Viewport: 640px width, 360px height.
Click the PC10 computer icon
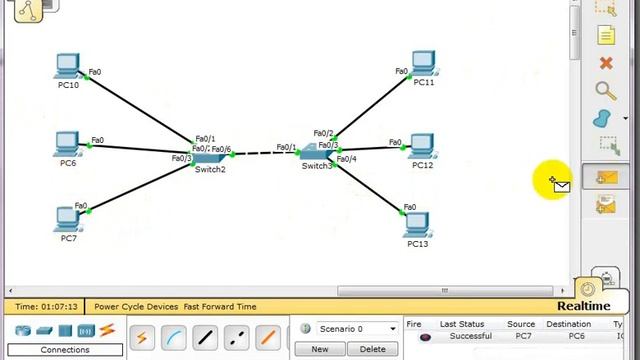coord(68,66)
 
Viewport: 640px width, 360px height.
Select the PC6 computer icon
coord(68,143)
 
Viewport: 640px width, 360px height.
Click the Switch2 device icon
coord(210,157)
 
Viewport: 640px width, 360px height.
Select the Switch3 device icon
coord(317,153)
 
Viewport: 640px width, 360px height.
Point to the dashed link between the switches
coord(263,153)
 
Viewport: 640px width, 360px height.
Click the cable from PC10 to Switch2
coord(140,109)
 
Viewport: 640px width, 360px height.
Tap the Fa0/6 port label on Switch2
coord(221,150)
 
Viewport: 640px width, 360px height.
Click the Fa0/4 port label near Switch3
coord(347,159)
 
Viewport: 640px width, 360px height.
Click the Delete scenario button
coord(372,349)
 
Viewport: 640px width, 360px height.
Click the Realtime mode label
coord(583,306)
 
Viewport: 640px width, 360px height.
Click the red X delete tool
coord(605,63)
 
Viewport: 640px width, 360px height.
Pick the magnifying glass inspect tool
coord(605,91)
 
